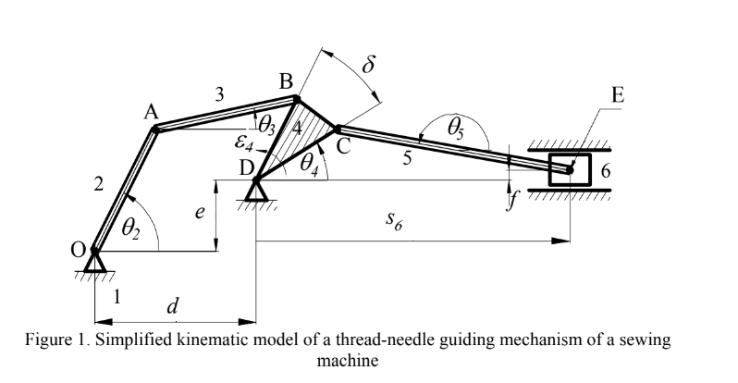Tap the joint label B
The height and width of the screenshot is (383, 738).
point(287,84)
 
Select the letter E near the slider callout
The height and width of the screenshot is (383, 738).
point(618,94)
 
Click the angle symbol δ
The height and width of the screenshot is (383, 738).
point(369,65)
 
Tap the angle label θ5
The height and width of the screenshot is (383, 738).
point(455,130)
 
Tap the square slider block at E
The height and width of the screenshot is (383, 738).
point(569,170)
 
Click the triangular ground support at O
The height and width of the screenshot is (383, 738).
point(94,265)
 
